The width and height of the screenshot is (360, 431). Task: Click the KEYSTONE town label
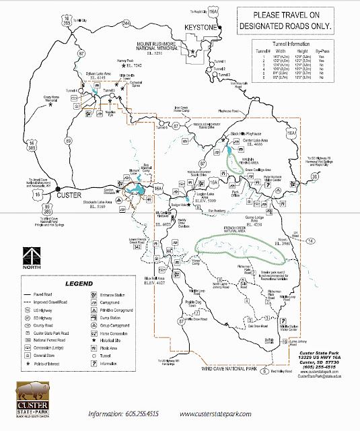(x=199, y=28)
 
